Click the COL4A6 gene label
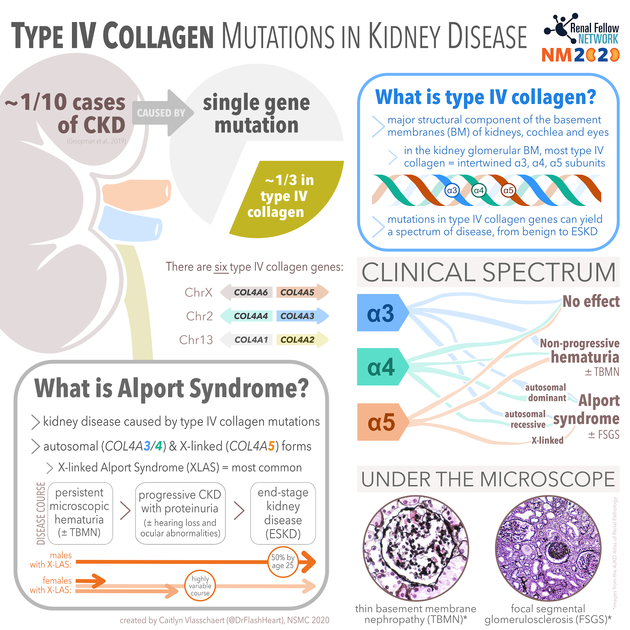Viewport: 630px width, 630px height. [x=250, y=292]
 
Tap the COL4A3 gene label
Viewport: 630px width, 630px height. [x=297, y=316]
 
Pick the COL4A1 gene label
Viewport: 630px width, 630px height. [x=251, y=339]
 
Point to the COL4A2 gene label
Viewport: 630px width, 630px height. [x=297, y=339]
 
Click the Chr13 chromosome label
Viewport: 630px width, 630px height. [x=196, y=339]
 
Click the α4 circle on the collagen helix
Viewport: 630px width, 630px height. [x=478, y=191]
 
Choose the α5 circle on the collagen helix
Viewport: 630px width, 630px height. [x=508, y=191]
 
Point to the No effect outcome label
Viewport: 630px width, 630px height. [x=591, y=301]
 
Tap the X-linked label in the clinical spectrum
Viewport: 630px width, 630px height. [x=547, y=440]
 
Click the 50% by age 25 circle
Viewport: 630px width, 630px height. [x=283, y=561]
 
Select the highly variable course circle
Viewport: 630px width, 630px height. [x=200, y=586]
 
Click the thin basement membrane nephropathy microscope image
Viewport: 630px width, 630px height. [x=416, y=548]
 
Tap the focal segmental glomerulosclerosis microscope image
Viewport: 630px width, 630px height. [x=548, y=548]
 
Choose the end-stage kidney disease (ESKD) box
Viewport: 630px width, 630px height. [x=283, y=513]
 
